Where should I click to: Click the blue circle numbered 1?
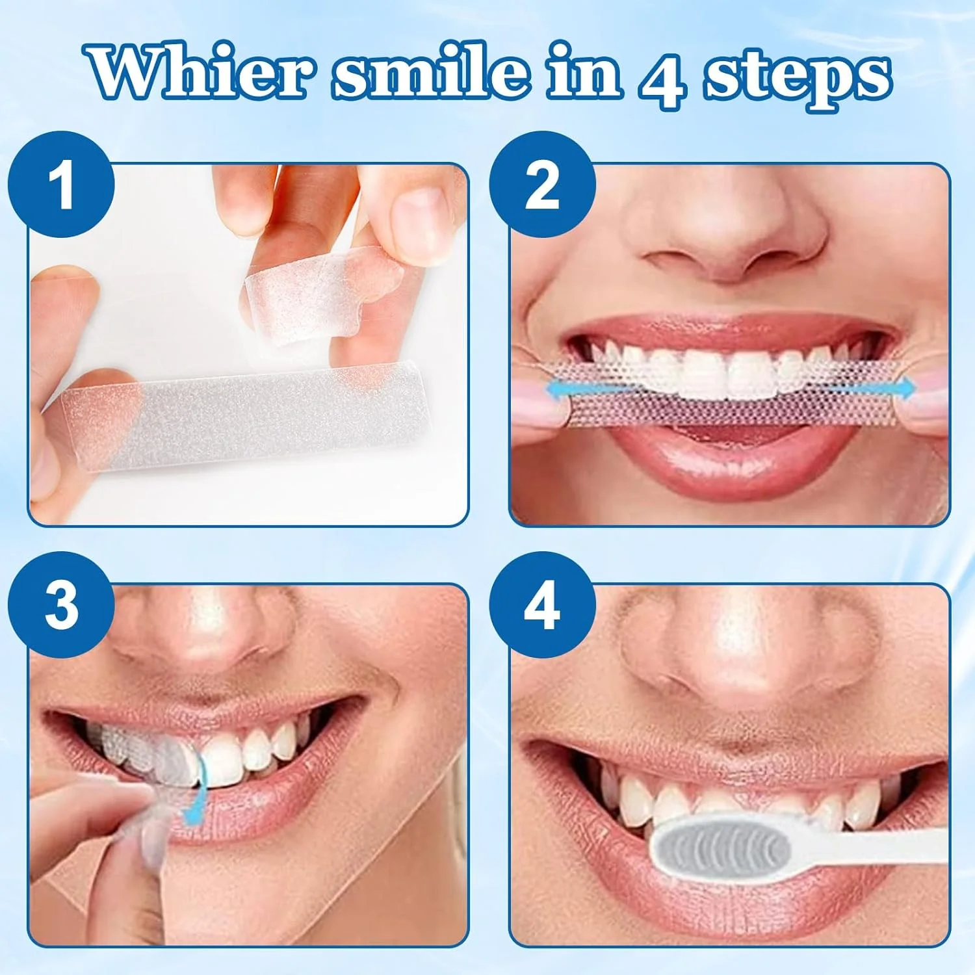coord(62,185)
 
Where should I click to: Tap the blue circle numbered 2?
coord(543,185)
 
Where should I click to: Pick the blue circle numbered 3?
coord(62,604)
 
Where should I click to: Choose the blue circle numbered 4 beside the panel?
coord(543,604)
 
